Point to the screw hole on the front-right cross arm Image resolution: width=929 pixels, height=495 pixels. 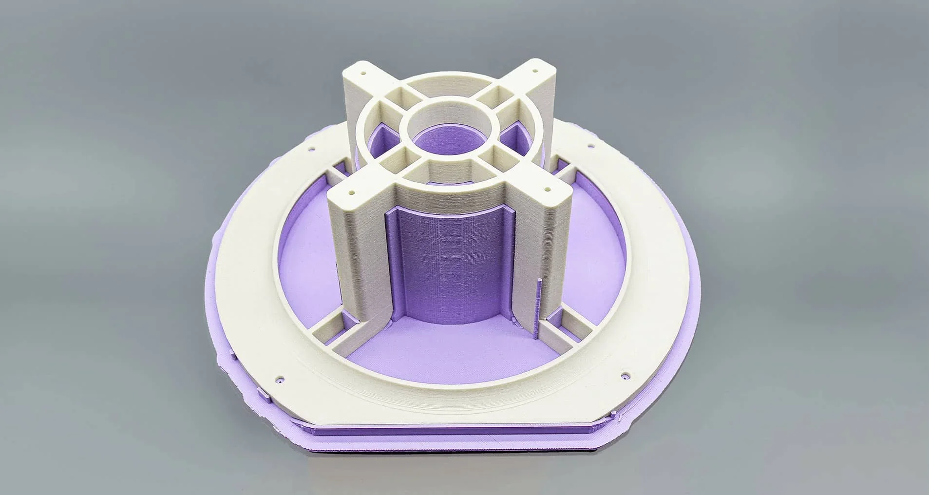(549, 186)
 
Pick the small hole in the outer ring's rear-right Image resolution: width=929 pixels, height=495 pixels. (591, 145)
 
